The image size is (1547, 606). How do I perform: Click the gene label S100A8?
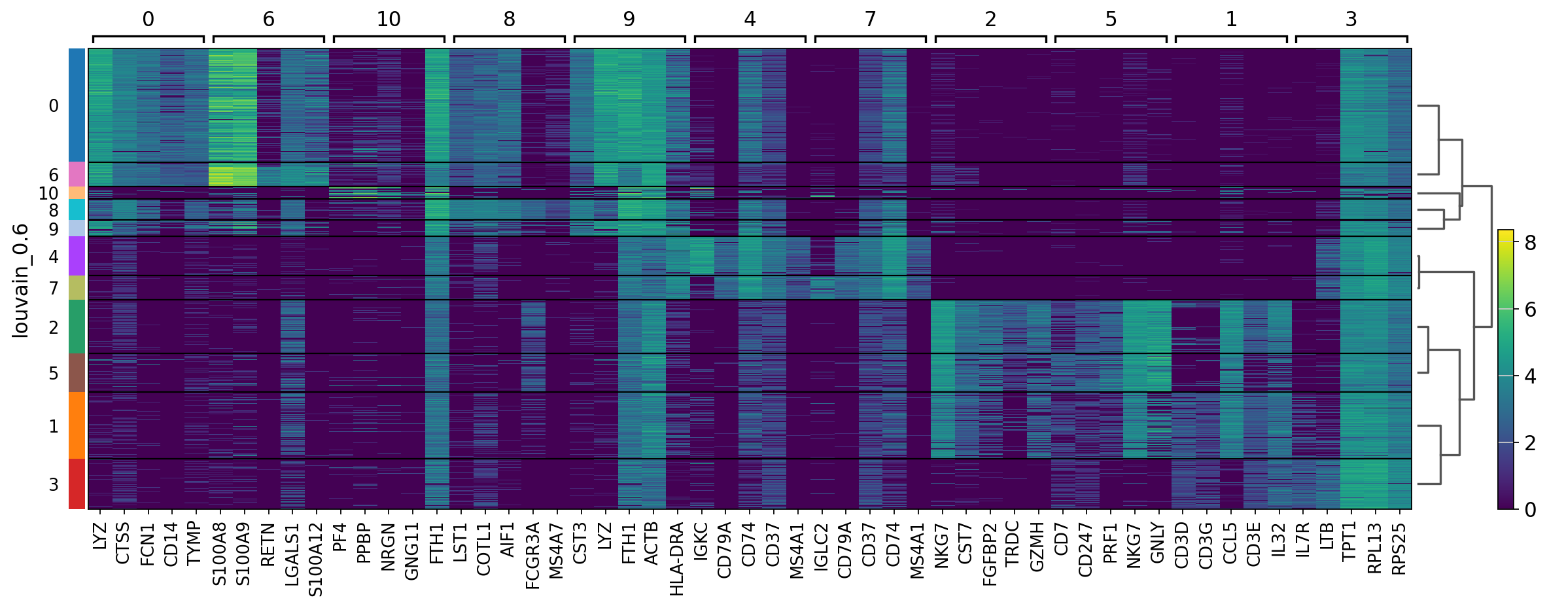220,554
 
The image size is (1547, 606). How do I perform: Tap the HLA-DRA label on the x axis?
677,559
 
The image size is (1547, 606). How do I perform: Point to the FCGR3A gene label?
533,556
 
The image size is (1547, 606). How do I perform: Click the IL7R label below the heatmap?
1302,540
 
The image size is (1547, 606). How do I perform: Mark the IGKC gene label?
701,541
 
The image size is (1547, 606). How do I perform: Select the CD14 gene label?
171,544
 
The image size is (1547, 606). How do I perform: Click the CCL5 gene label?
1230,543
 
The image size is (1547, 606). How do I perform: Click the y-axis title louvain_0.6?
21,280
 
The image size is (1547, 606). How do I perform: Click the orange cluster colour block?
77,425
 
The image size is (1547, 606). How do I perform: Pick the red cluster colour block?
77,484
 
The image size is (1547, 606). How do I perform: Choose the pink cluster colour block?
77,174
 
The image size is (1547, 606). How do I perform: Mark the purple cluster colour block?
77,256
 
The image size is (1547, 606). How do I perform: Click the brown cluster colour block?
77,373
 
